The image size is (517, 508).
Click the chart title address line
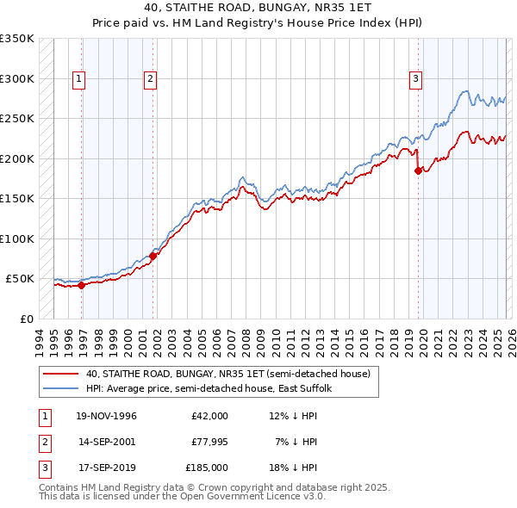click(258, 9)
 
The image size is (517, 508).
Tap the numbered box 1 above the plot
click(78, 79)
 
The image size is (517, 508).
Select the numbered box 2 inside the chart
click(150, 79)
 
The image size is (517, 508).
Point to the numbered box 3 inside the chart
click(415, 79)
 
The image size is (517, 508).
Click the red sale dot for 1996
click(81, 286)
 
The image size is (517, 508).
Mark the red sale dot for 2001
click(153, 256)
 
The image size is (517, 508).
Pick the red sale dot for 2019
click(418, 170)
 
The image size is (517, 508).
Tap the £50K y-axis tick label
click(21, 279)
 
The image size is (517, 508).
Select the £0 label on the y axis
click(28, 319)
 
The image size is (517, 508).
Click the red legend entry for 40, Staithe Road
click(227, 374)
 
